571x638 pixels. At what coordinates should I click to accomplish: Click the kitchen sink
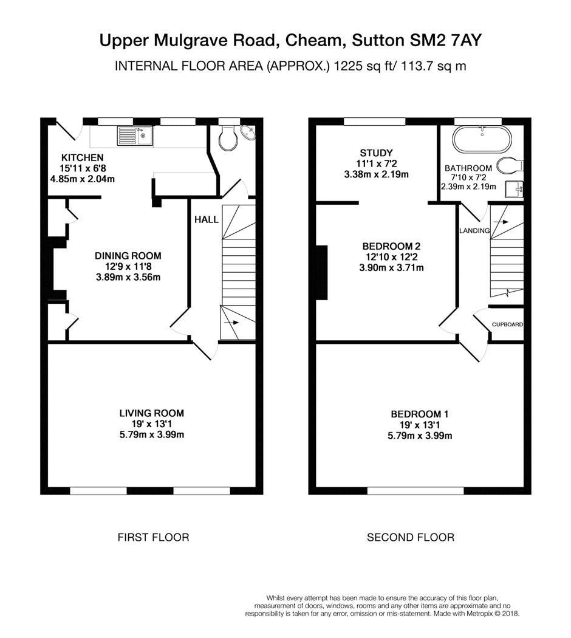point(135,135)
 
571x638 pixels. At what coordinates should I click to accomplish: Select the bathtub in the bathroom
point(482,139)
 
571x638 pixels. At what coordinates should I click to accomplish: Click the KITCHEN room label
point(83,157)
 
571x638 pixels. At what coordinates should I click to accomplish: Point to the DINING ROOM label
point(128,256)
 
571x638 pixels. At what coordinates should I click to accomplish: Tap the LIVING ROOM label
point(152,413)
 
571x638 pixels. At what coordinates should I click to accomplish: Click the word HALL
point(206,220)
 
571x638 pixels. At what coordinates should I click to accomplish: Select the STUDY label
point(376,153)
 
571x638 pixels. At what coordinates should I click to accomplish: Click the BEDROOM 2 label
point(391,246)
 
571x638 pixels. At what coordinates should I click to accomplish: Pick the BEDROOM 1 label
point(420,414)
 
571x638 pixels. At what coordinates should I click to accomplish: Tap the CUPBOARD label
point(507,324)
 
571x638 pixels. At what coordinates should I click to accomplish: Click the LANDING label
point(474,231)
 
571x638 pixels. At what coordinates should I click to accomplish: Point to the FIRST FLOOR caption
point(153,538)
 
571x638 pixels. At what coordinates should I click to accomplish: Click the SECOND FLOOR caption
point(411,538)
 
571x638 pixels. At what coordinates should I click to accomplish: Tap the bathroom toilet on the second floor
point(511,165)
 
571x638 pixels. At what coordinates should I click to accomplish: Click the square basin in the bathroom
point(514,189)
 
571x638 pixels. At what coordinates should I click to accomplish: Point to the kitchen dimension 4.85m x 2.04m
point(82,179)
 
